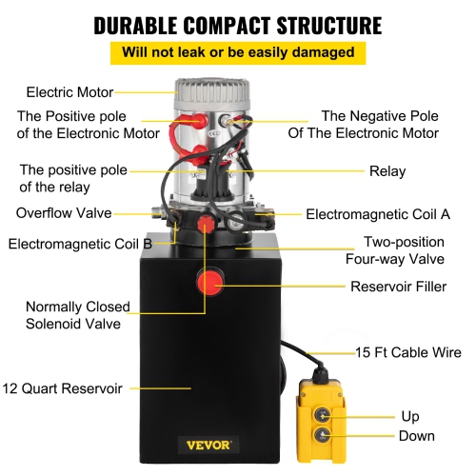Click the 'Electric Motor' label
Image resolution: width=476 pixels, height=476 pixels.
point(69,92)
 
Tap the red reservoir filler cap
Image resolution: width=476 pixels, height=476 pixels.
point(209,283)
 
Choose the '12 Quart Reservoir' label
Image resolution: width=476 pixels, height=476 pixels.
point(62,387)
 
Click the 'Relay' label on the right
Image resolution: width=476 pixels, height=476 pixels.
point(387,172)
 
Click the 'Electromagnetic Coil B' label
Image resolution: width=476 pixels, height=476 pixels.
point(80,244)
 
